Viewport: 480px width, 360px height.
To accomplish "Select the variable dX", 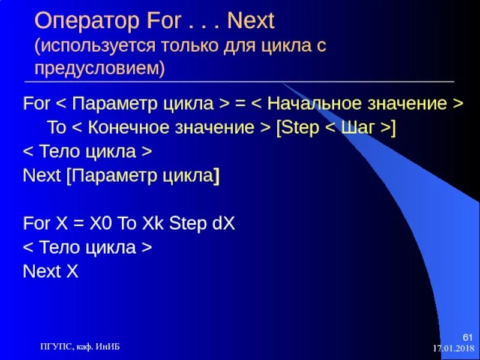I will pos(223,224).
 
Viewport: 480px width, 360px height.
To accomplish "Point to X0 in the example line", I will pos(101,224).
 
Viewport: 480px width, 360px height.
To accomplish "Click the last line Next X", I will pos(51,272).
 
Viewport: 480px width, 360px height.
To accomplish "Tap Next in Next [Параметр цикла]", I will pos(41,175).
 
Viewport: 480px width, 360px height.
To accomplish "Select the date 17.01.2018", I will pos(454,348).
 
